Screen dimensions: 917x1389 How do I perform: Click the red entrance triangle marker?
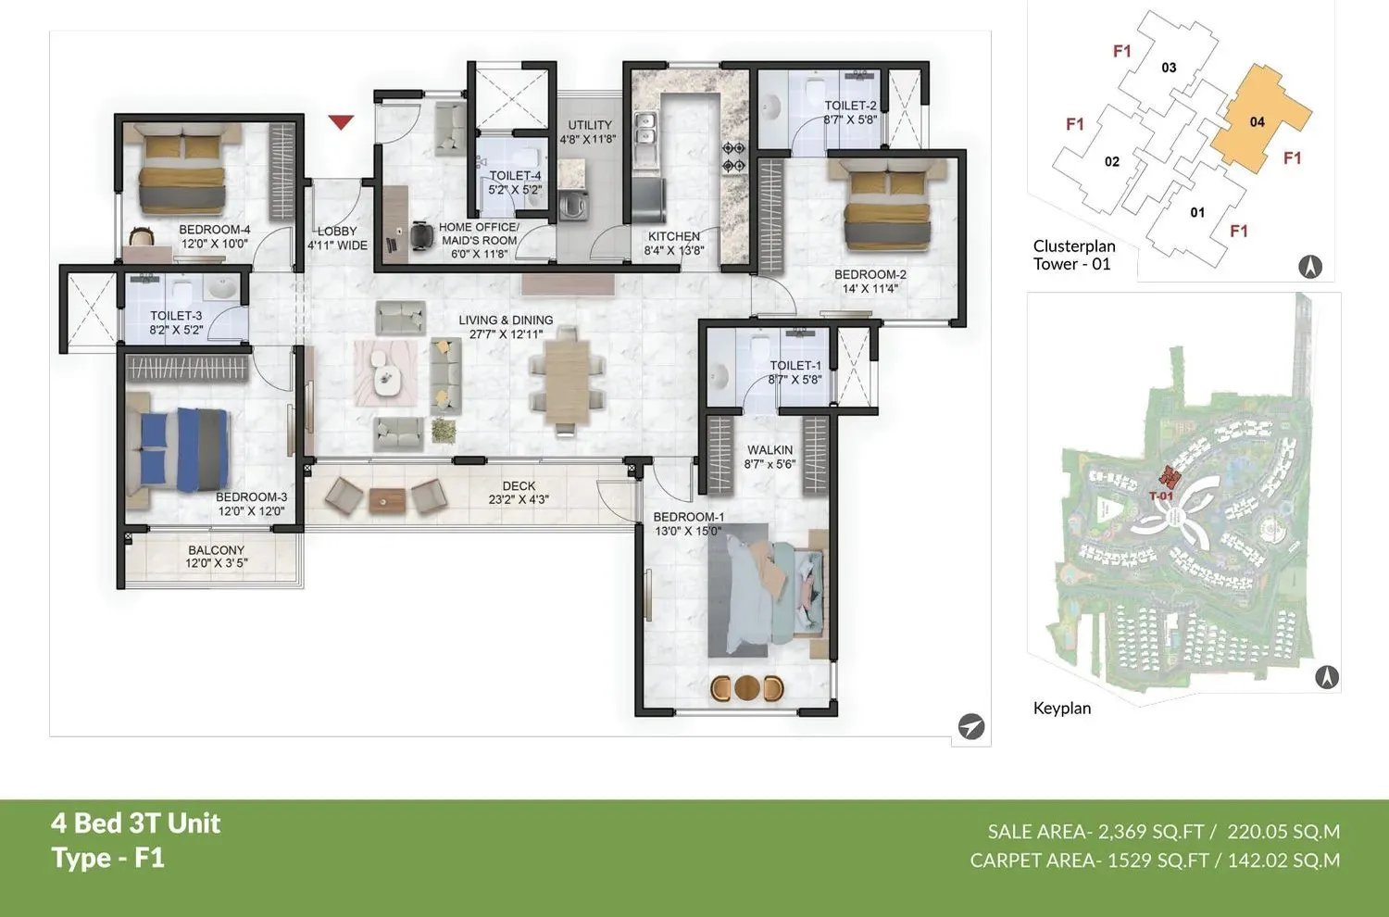[x=342, y=121]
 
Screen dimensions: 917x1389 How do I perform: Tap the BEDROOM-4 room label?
[x=214, y=230]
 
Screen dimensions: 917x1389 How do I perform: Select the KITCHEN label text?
[x=673, y=236]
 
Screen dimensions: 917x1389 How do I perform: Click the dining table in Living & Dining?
[x=567, y=380]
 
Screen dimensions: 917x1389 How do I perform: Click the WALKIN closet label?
[x=770, y=450]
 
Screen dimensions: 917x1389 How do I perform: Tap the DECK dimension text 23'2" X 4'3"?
[x=519, y=499]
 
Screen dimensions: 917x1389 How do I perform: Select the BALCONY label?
[x=216, y=550]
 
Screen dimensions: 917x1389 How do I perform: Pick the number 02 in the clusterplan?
[x=1112, y=162]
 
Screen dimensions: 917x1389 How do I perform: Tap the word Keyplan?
[x=1061, y=709]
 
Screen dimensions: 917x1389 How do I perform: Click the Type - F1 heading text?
[x=108, y=858]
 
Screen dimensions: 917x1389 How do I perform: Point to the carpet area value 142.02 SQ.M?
[x=1283, y=860]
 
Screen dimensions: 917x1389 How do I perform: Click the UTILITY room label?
[x=590, y=125]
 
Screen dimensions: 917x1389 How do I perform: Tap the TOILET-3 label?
[x=176, y=316]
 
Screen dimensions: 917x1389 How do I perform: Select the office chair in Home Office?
[x=421, y=235]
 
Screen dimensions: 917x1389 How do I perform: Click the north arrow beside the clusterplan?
[x=1309, y=268]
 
